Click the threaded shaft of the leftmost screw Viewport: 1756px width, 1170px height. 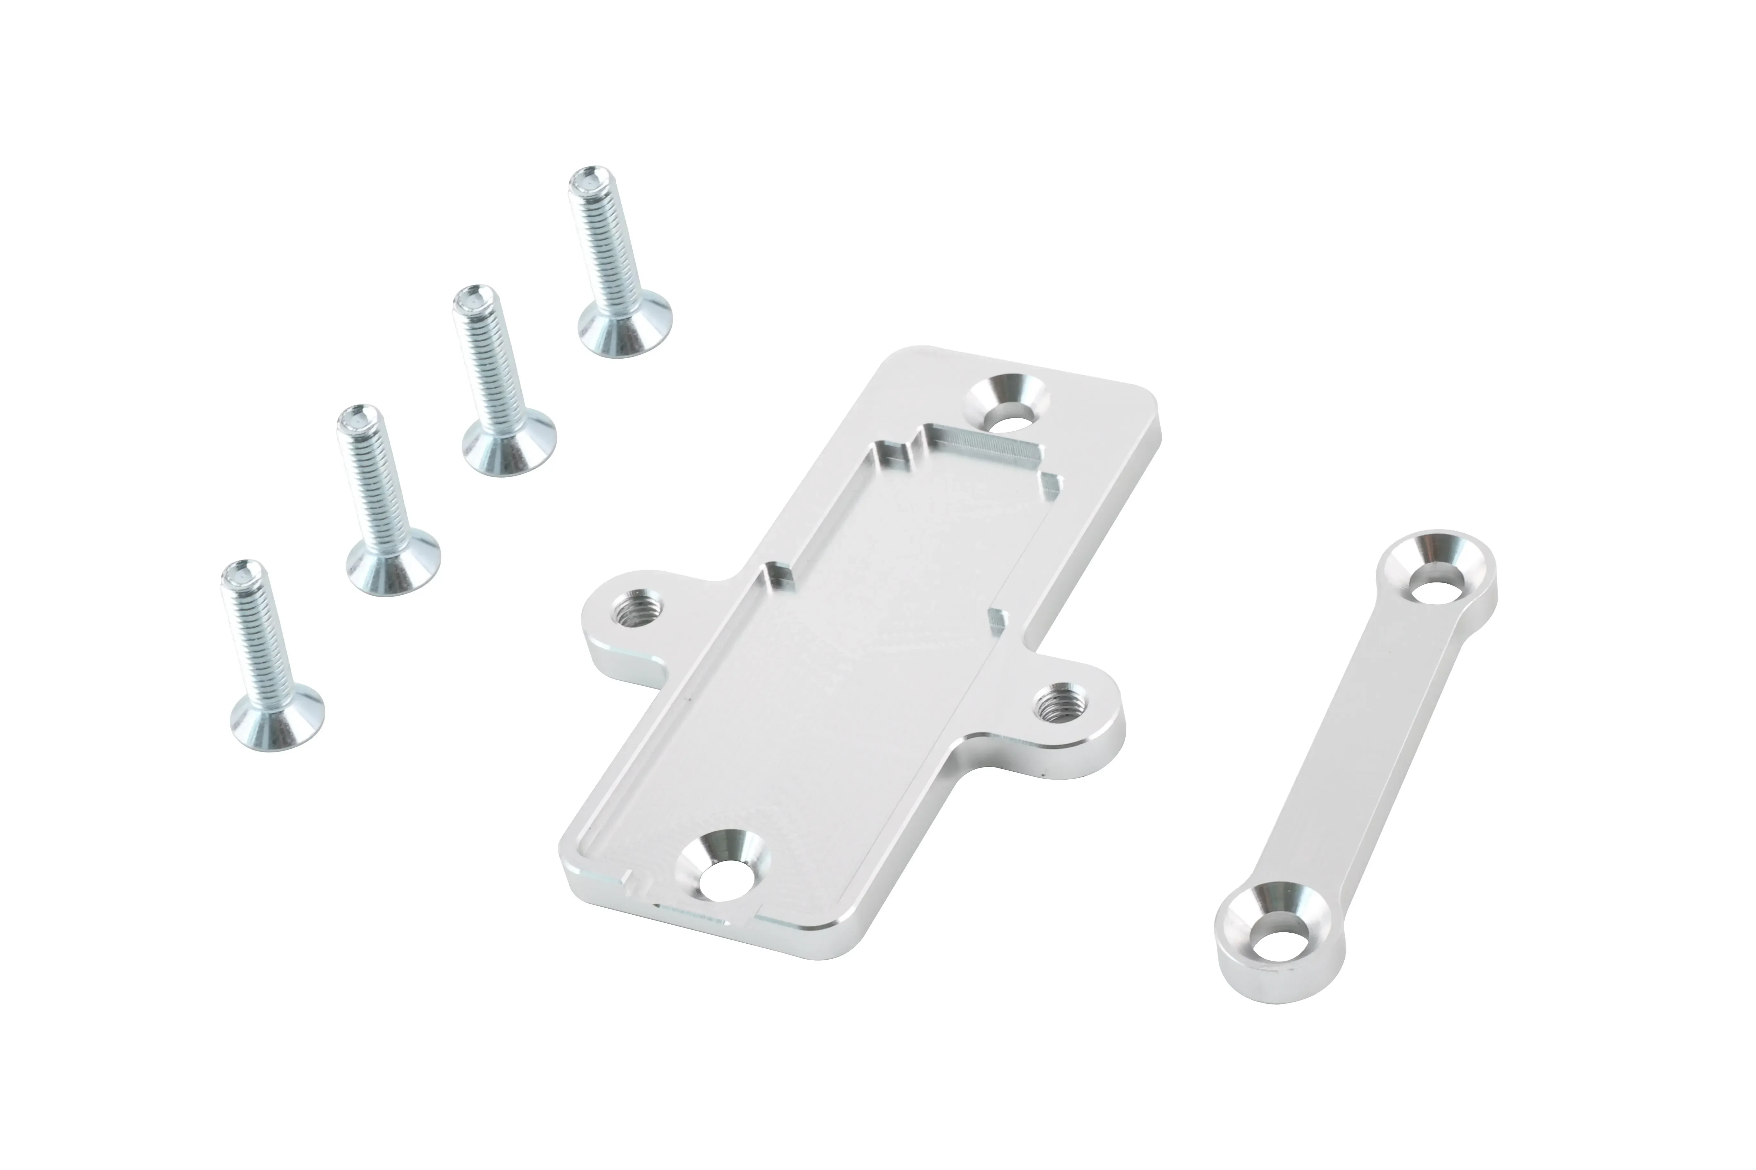tap(260, 642)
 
